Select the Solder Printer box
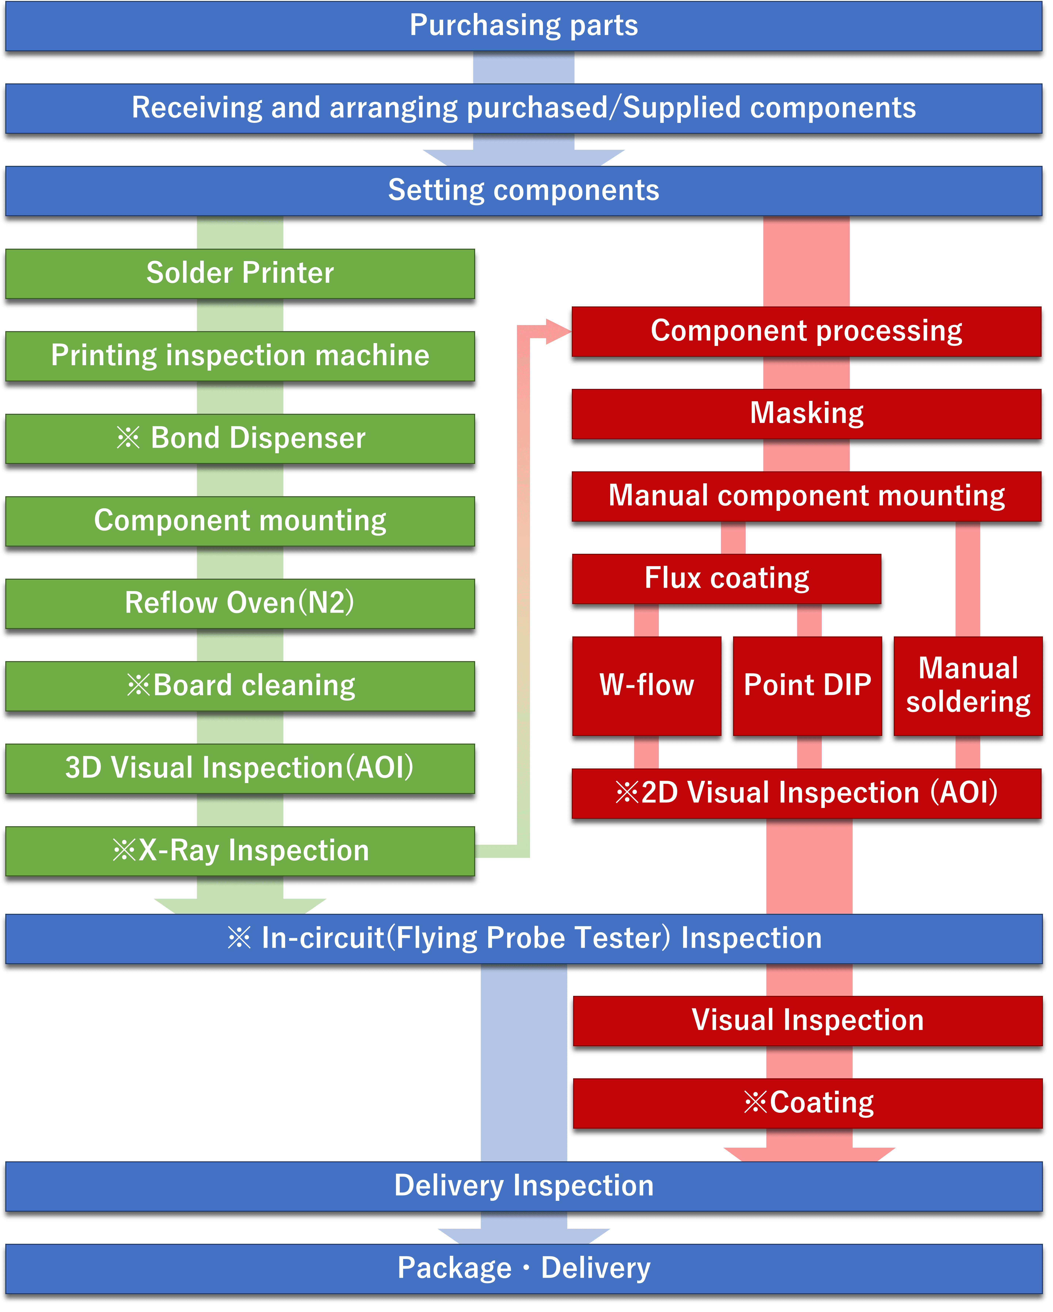[x=240, y=273]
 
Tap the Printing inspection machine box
[x=240, y=356]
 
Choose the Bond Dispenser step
[x=240, y=438]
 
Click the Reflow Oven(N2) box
[x=240, y=603]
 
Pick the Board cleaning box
[x=240, y=686]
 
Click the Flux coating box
[x=727, y=579]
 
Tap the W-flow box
[x=646, y=686]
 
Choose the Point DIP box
[x=807, y=686]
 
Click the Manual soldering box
[x=968, y=686]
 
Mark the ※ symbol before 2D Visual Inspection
[x=627, y=793]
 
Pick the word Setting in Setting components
[x=436, y=191]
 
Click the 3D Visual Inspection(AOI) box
[x=240, y=768]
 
